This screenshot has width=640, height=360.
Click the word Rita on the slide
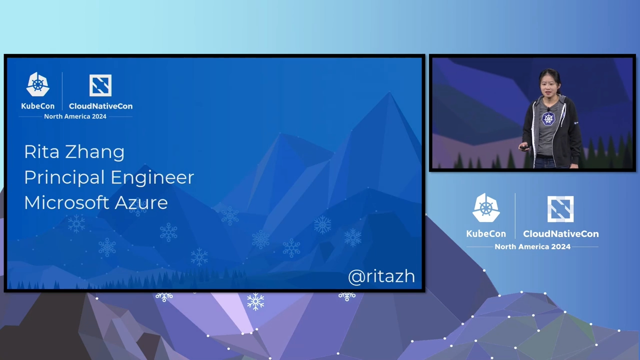tap(41, 151)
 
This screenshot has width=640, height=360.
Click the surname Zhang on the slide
tap(95, 153)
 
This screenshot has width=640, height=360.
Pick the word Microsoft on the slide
tap(66, 202)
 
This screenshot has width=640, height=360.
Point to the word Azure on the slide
tap(141, 203)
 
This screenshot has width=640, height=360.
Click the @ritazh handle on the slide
tap(381, 276)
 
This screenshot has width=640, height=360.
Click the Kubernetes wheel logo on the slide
tap(37, 84)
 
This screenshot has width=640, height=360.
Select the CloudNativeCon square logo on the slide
tap(100, 85)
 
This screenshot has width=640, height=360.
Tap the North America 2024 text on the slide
tap(75, 116)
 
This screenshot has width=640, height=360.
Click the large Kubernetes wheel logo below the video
tap(486, 207)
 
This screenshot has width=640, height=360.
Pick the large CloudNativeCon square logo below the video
tap(560, 209)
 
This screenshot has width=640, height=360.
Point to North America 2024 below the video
tap(532, 246)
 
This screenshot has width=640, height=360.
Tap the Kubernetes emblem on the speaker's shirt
tap(548, 118)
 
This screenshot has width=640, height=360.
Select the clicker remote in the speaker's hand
tap(523, 147)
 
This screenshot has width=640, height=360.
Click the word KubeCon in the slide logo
tap(37, 106)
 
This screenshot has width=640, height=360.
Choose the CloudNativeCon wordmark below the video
tap(561, 233)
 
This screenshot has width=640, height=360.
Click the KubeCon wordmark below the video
tap(486, 233)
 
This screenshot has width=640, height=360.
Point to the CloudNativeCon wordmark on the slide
tap(100, 106)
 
